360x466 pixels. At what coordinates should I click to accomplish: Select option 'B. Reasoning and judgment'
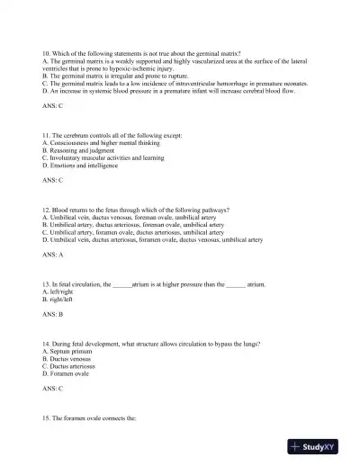pyautogui.click(x=79, y=150)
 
